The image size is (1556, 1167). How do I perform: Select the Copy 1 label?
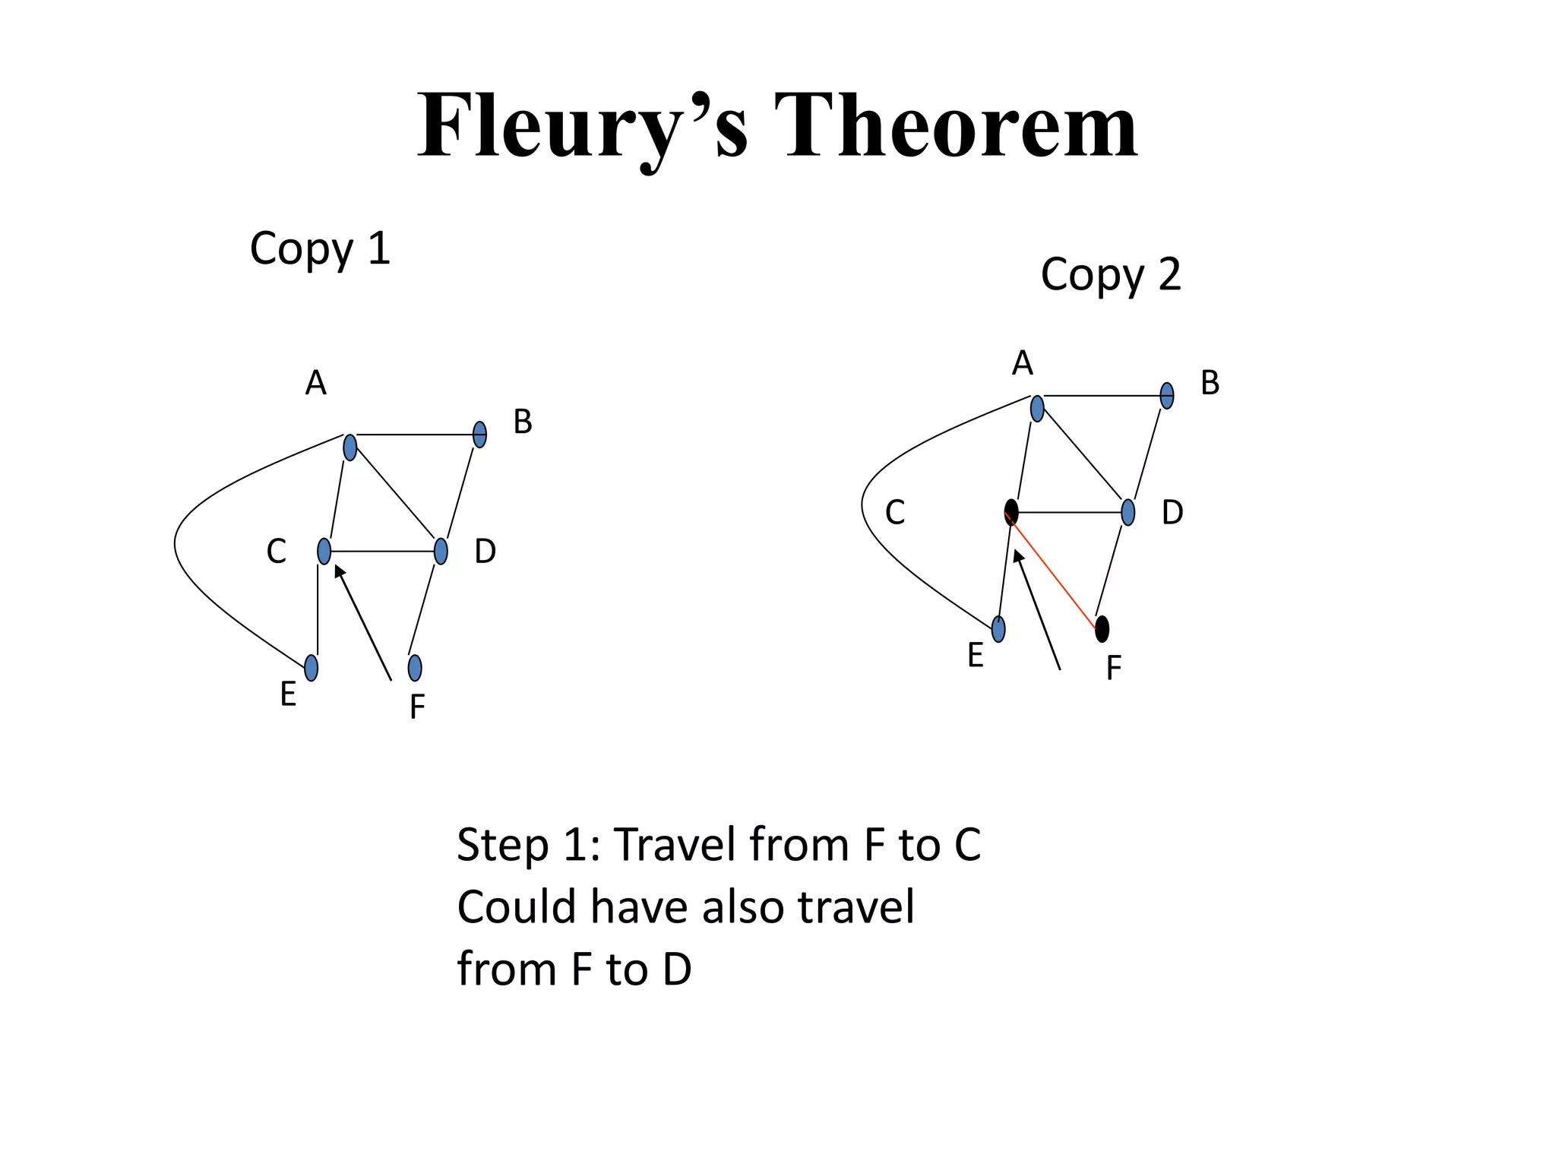tap(320, 248)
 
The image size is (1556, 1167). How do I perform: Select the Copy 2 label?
tap(1111, 274)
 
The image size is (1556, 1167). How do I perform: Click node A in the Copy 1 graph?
tap(349, 448)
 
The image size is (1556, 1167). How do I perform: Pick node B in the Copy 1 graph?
tap(479, 435)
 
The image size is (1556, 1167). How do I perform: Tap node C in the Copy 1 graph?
tap(324, 551)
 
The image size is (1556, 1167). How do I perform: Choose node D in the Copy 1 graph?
tap(441, 551)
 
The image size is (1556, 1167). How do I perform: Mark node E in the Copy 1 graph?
tap(311, 668)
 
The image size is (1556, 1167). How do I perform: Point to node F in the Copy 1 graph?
tap(415, 668)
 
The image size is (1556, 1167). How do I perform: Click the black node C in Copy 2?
tap(1011, 512)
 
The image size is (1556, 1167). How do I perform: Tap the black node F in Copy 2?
tap(1102, 629)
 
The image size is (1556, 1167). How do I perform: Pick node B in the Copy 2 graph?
tap(1167, 396)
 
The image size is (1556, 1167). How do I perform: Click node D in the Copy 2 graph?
tap(1128, 513)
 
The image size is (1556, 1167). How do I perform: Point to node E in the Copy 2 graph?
tap(998, 629)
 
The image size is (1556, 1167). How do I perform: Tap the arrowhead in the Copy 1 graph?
tap(340, 571)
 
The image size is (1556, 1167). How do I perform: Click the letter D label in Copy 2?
tap(1172, 514)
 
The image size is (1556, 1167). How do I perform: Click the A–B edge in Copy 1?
tap(414, 435)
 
